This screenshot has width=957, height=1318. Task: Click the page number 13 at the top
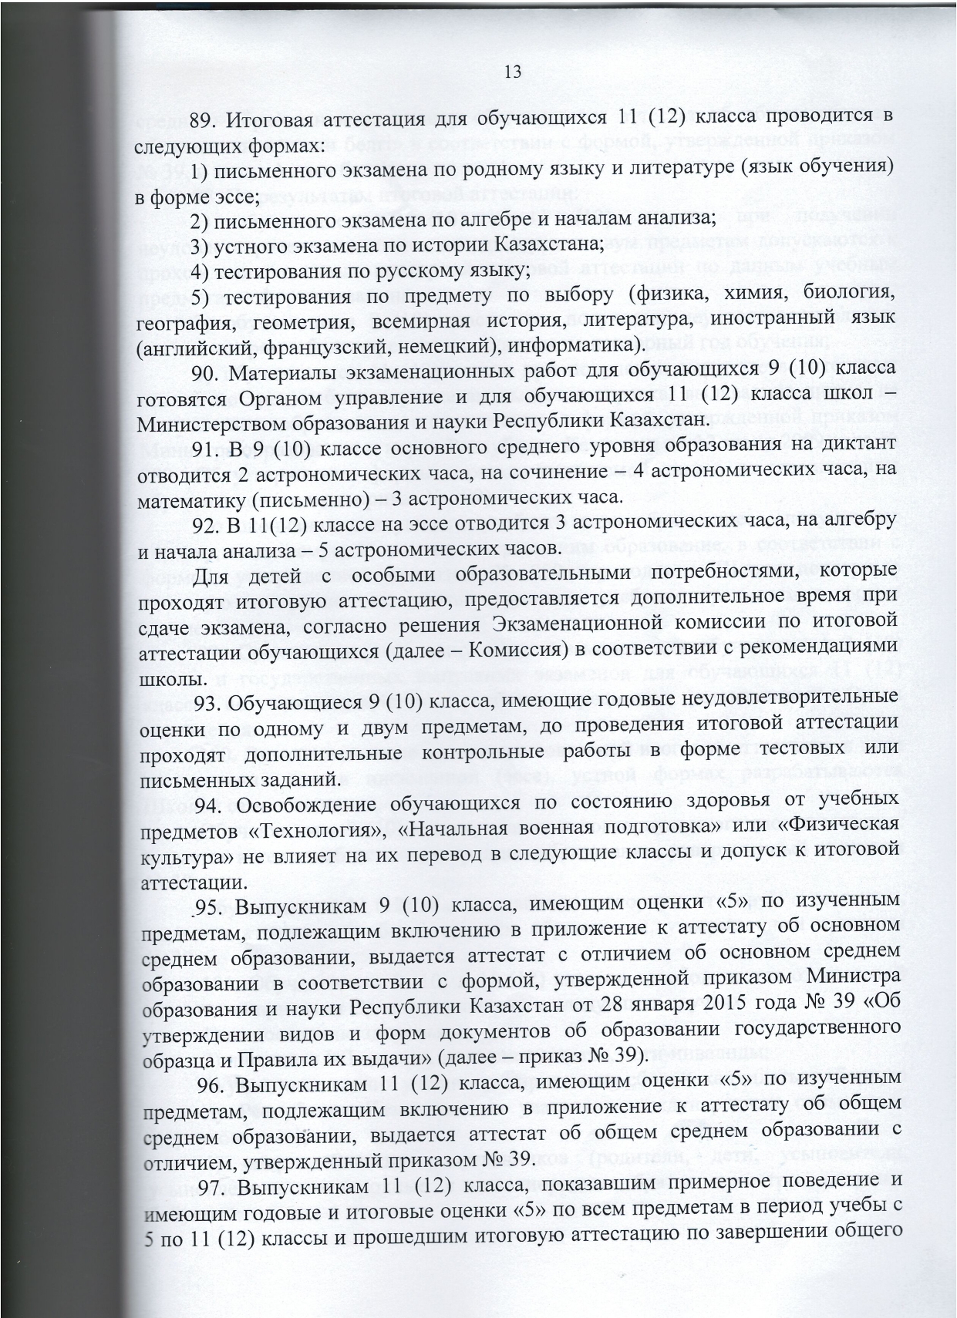(x=513, y=72)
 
